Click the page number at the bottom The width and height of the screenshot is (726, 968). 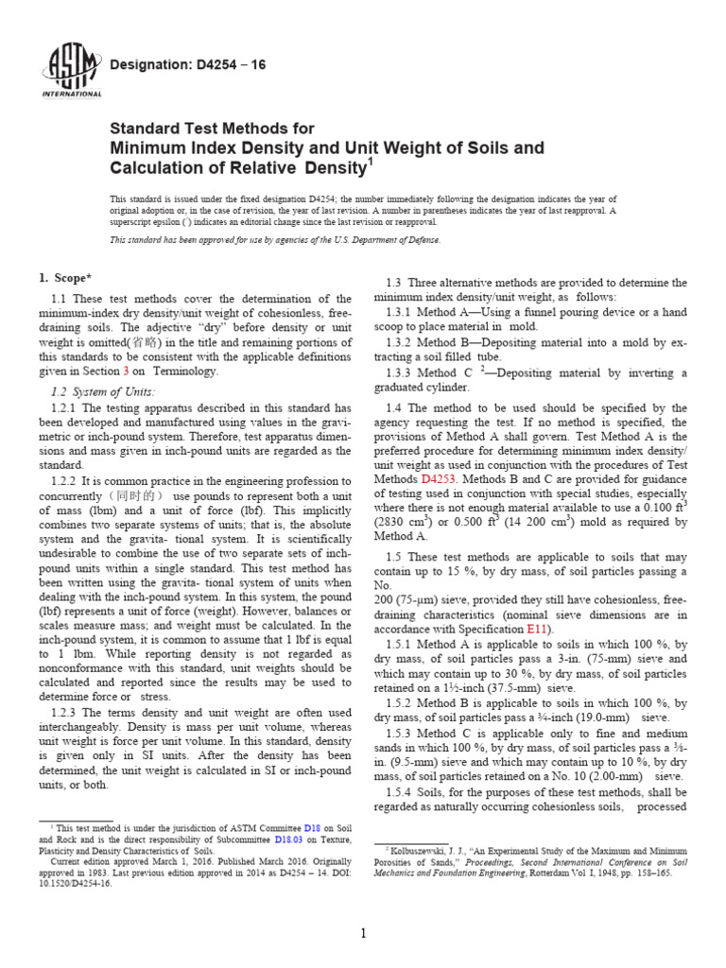click(x=363, y=934)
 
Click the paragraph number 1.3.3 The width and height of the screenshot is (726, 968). click(x=401, y=372)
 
